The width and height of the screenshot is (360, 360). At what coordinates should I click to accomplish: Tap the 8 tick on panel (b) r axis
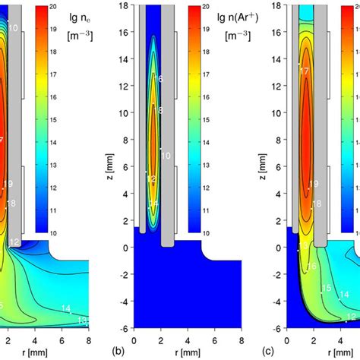tap(242, 338)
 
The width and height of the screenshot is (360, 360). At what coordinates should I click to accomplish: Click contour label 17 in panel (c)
tap(305, 71)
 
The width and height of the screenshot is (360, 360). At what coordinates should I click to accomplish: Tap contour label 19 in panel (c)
tap(311, 184)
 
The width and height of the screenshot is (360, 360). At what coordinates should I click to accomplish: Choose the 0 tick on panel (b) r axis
tap(134, 338)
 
